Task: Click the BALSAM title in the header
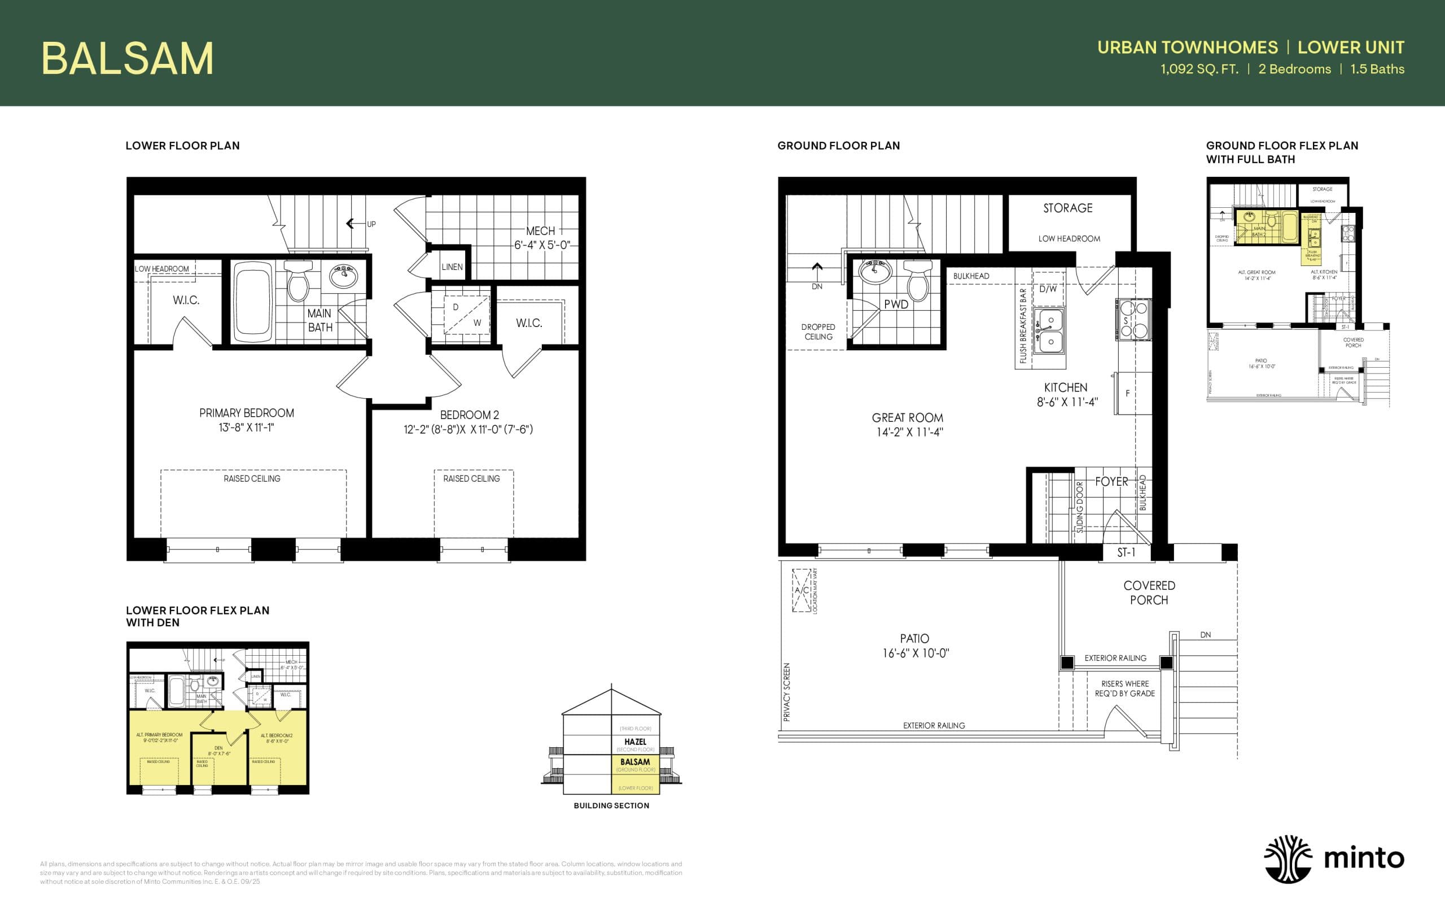127,59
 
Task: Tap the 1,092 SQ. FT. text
1199,69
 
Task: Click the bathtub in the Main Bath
254,303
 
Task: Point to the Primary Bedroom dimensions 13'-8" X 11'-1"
246,428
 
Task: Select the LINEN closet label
452,267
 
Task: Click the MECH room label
540,231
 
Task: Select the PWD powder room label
896,304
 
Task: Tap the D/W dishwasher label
1048,289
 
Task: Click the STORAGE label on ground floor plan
1067,208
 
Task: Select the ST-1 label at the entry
1126,552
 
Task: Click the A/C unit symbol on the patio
802,590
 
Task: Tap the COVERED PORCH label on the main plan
1149,592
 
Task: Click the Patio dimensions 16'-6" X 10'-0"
915,653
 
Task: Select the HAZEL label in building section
635,742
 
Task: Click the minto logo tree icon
1288,859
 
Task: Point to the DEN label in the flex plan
218,748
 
